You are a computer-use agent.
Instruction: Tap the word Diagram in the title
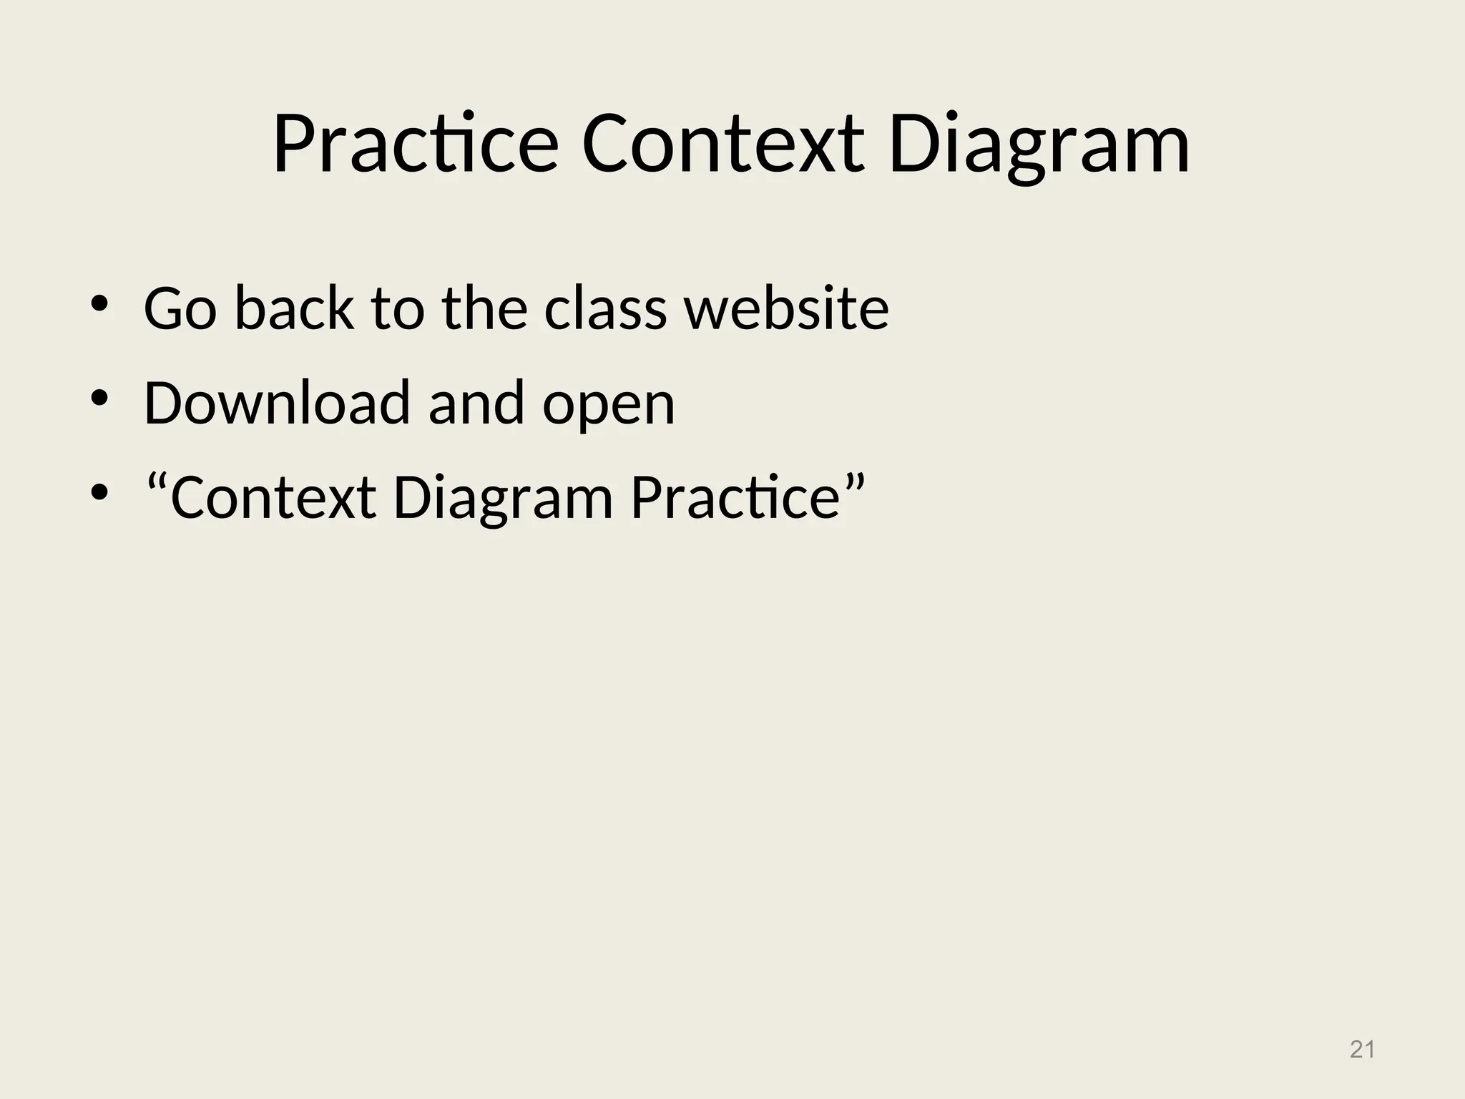click(1039, 147)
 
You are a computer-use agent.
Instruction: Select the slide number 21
click(1362, 1050)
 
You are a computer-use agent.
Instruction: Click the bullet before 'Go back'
click(99, 304)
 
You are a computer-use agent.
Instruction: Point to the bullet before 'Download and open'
click(99, 399)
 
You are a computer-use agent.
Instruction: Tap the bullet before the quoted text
click(99, 493)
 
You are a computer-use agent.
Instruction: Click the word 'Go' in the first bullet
click(180, 308)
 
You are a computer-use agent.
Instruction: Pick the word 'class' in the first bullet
click(605, 308)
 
